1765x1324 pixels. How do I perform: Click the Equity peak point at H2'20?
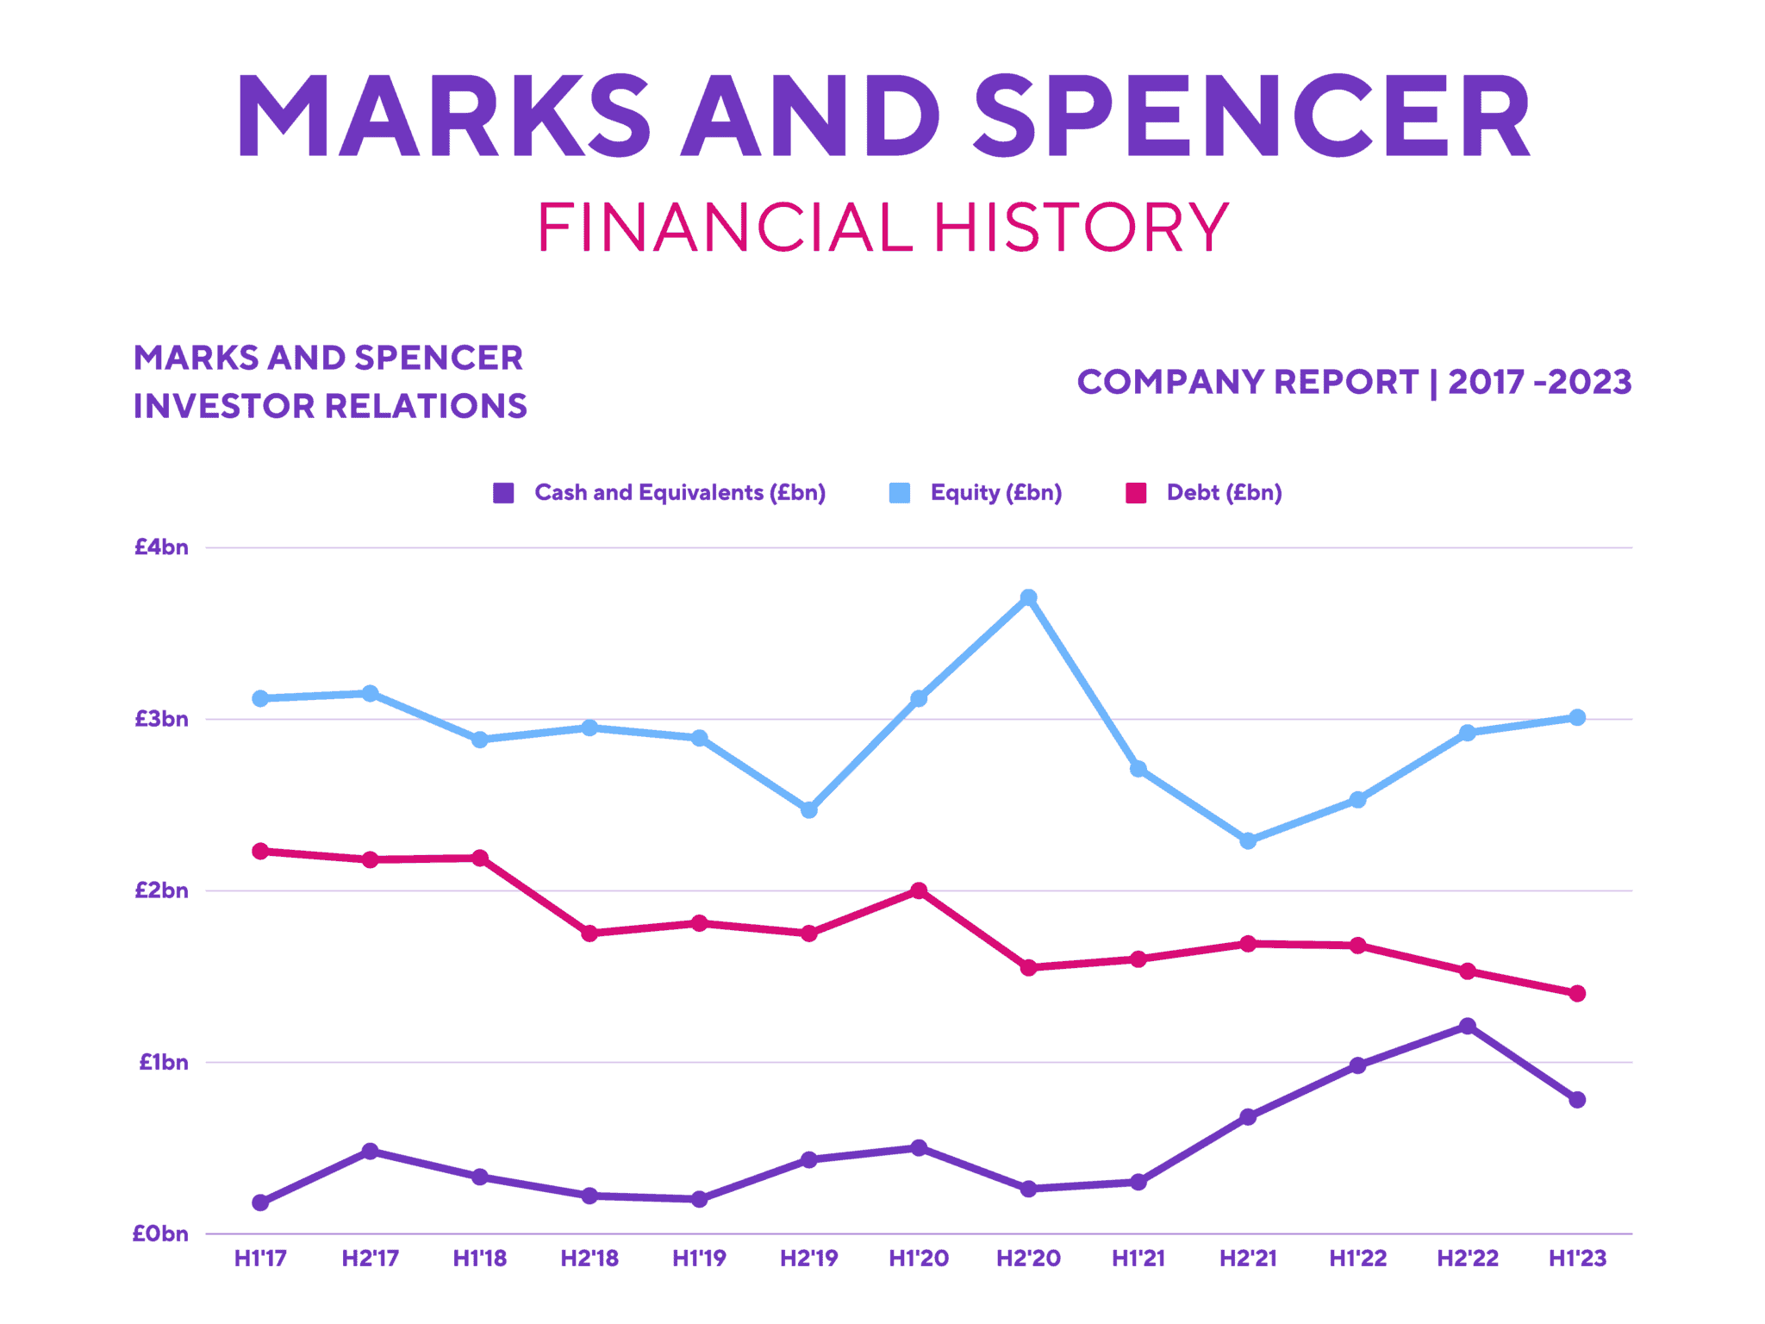(x=1028, y=597)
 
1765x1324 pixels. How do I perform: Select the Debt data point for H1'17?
(x=260, y=851)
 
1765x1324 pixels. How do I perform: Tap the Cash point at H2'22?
(x=1468, y=1026)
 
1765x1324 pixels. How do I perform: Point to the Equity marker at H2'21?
(x=1248, y=840)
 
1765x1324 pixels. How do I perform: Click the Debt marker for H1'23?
(x=1577, y=993)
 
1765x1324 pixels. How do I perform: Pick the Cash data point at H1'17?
(x=260, y=1202)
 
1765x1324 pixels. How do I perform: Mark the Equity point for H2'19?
(x=809, y=809)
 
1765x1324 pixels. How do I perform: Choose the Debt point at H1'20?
(x=919, y=890)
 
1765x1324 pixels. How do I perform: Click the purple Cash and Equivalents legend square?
(x=503, y=493)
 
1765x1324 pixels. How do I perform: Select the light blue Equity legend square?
(x=899, y=493)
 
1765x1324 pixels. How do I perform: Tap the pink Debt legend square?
(x=1136, y=493)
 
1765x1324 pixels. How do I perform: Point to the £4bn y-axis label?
(x=161, y=547)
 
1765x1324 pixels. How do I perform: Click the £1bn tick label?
(x=164, y=1062)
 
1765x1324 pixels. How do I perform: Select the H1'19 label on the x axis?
(x=699, y=1258)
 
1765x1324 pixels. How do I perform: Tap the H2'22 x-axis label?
(x=1468, y=1258)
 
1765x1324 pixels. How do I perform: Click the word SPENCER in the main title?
(x=1251, y=116)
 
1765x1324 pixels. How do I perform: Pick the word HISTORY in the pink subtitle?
(x=1082, y=228)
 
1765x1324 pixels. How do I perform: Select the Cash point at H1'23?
(x=1577, y=1100)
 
